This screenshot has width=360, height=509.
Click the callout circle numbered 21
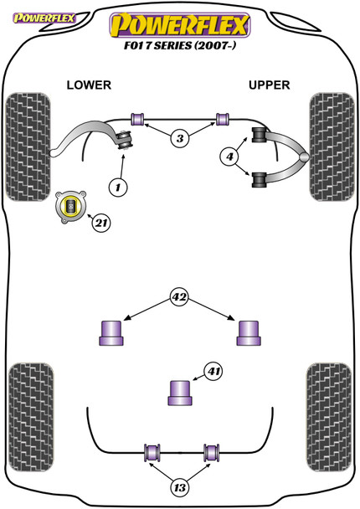click(101, 223)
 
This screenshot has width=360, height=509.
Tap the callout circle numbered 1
click(118, 188)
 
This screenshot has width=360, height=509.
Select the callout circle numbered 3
click(180, 139)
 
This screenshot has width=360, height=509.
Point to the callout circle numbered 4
click(229, 157)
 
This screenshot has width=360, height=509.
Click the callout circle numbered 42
click(179, 296)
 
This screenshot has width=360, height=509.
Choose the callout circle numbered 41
click(213, 371)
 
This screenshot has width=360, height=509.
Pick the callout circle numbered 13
click(179, 487)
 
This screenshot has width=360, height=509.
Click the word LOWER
click(89, 85)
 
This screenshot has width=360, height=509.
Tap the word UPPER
click(269, 85)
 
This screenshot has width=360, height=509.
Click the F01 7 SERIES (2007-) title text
click(179, 45)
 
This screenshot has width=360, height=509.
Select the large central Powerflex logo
click(180, 25)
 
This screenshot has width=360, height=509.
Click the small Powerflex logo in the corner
click(44, 18)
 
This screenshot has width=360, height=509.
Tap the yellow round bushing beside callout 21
click(71, 207)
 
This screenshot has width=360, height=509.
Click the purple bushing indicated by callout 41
click(180, 393)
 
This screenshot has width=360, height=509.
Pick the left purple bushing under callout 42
click(111, 333)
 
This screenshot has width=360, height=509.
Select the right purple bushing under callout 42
click(249, 333)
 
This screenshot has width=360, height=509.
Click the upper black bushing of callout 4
click(259, 135)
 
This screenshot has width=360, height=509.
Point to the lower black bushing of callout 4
click(259, 180)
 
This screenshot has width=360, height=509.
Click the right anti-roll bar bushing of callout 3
click(223, 119)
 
